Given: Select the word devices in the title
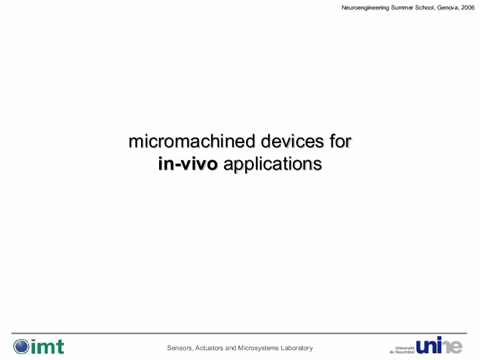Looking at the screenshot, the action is click(292, 142).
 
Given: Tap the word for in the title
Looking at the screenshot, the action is click(340, 142).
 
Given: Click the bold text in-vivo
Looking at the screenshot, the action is click(188, 164).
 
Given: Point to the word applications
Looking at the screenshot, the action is click(273, 164).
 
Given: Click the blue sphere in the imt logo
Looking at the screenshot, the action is click(21, 347).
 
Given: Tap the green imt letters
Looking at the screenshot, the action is click(47, 347).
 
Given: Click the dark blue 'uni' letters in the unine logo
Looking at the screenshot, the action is click(429, 345).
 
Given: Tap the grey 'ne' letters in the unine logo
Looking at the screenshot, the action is click(452, 347).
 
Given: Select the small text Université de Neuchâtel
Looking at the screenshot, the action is click(402, 350).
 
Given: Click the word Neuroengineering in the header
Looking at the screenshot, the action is click(365, 8).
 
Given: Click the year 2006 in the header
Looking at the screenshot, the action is click(468, 7).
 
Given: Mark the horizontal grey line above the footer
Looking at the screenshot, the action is click(239, 333).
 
